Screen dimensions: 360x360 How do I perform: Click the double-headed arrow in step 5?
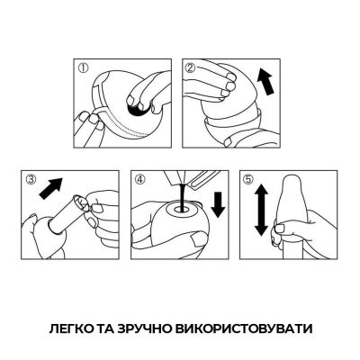[x=260, y=210]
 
